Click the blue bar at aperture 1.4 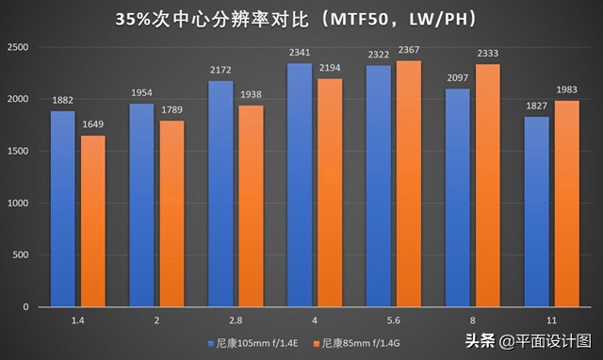point(62,208)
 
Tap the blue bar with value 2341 point(298,185)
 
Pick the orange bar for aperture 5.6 point(409,184)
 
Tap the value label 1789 point(171,112)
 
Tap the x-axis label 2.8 point(235,320)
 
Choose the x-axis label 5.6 point(393,320)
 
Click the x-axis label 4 point(314,320)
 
